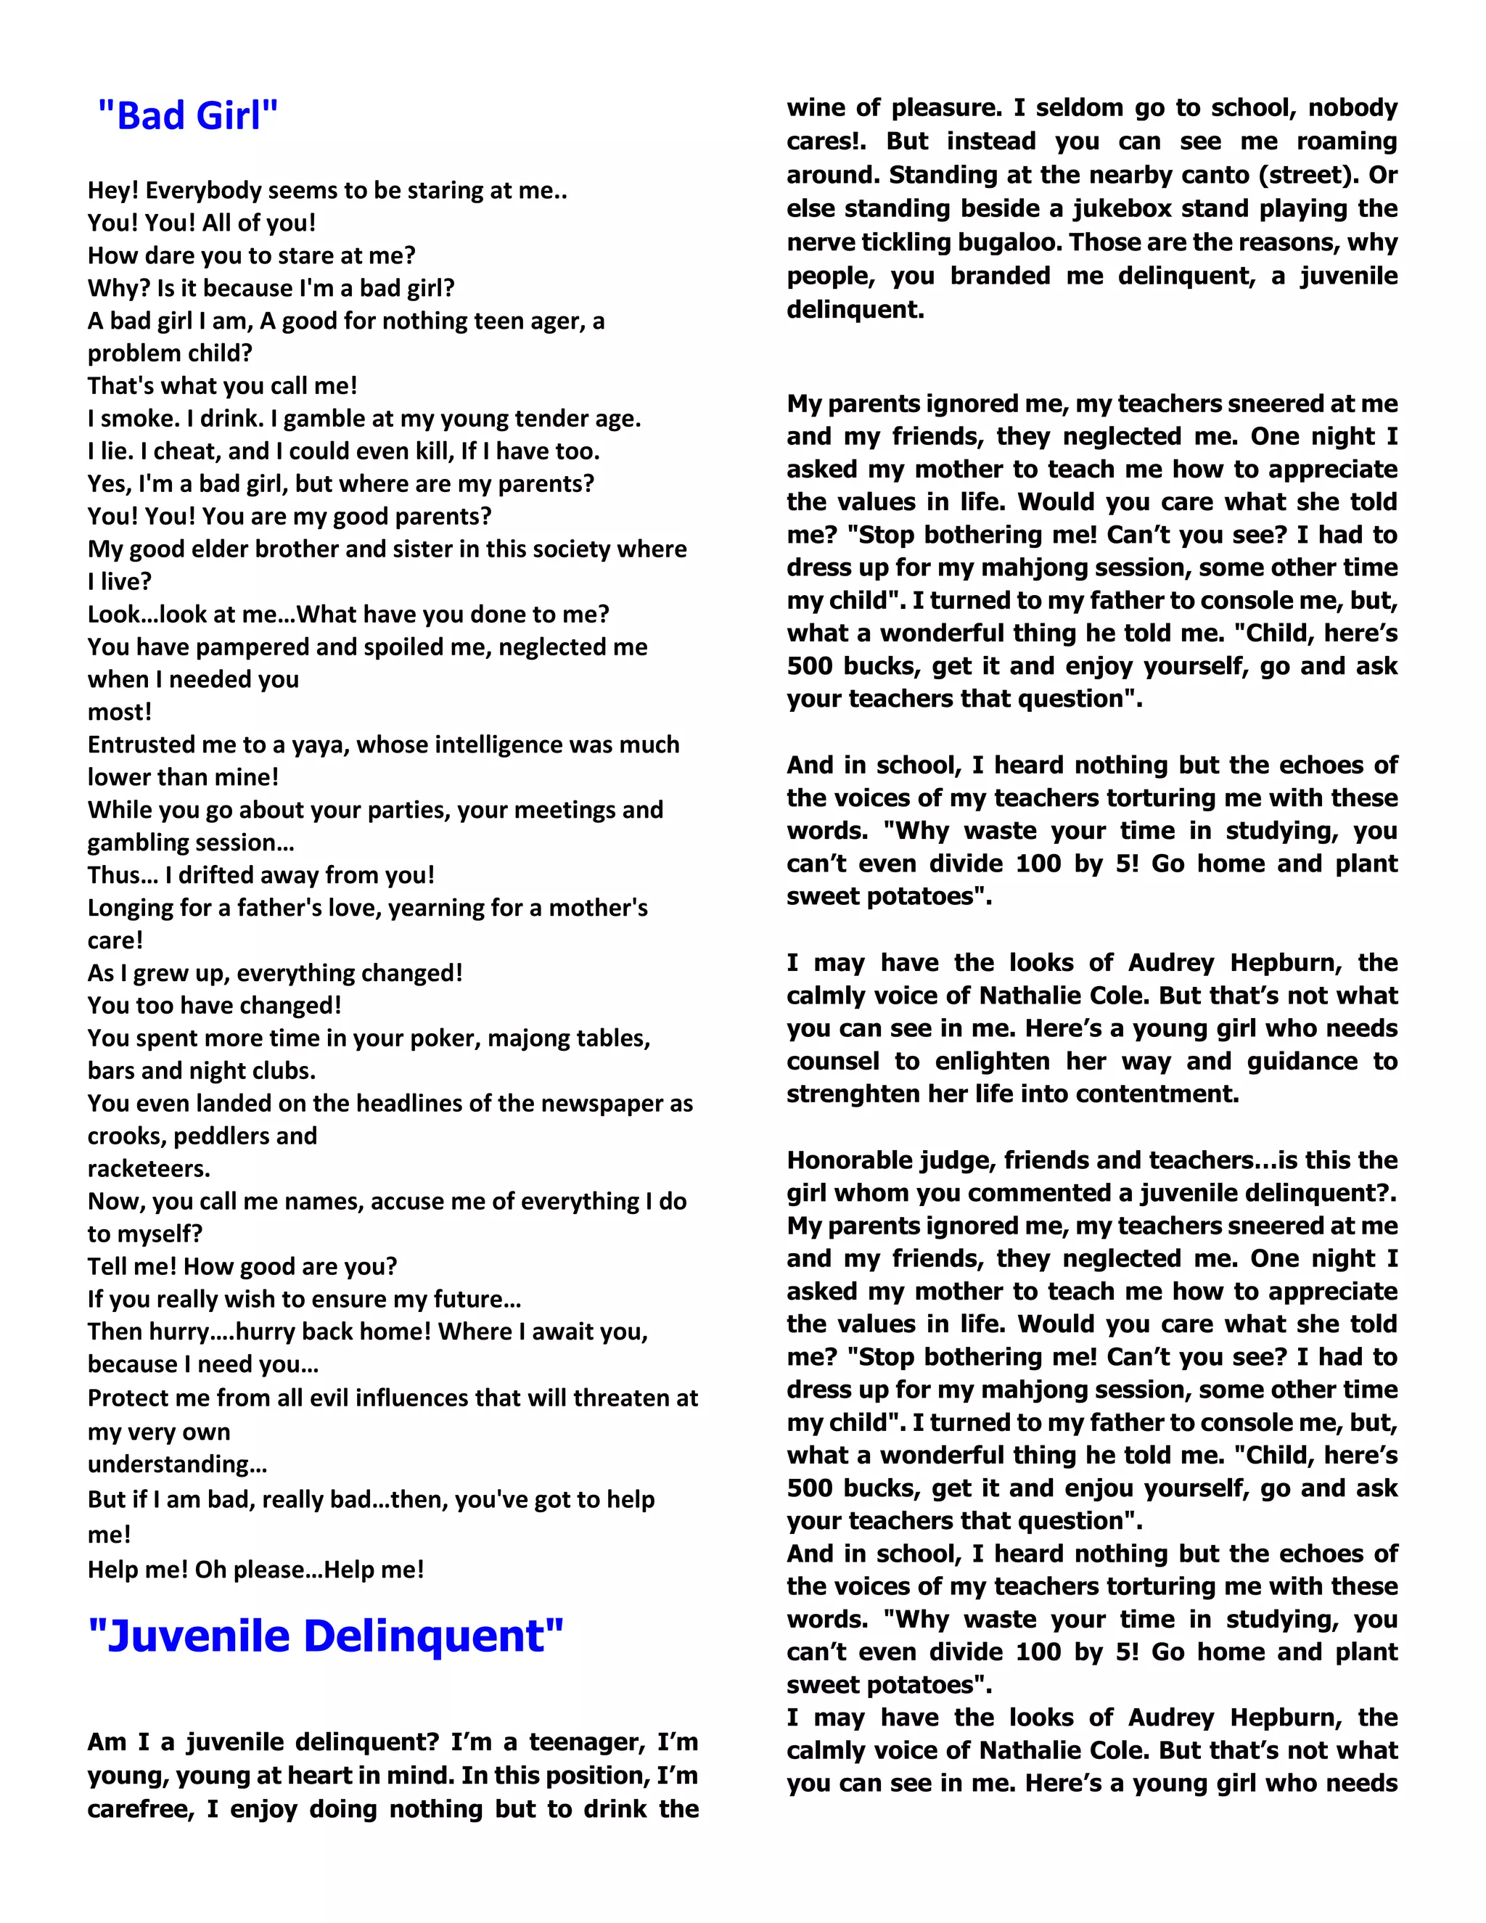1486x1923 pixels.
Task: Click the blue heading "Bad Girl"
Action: coord(187,116)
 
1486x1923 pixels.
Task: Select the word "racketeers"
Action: coord(149,1168)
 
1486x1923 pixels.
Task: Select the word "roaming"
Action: coord(1347,142)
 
